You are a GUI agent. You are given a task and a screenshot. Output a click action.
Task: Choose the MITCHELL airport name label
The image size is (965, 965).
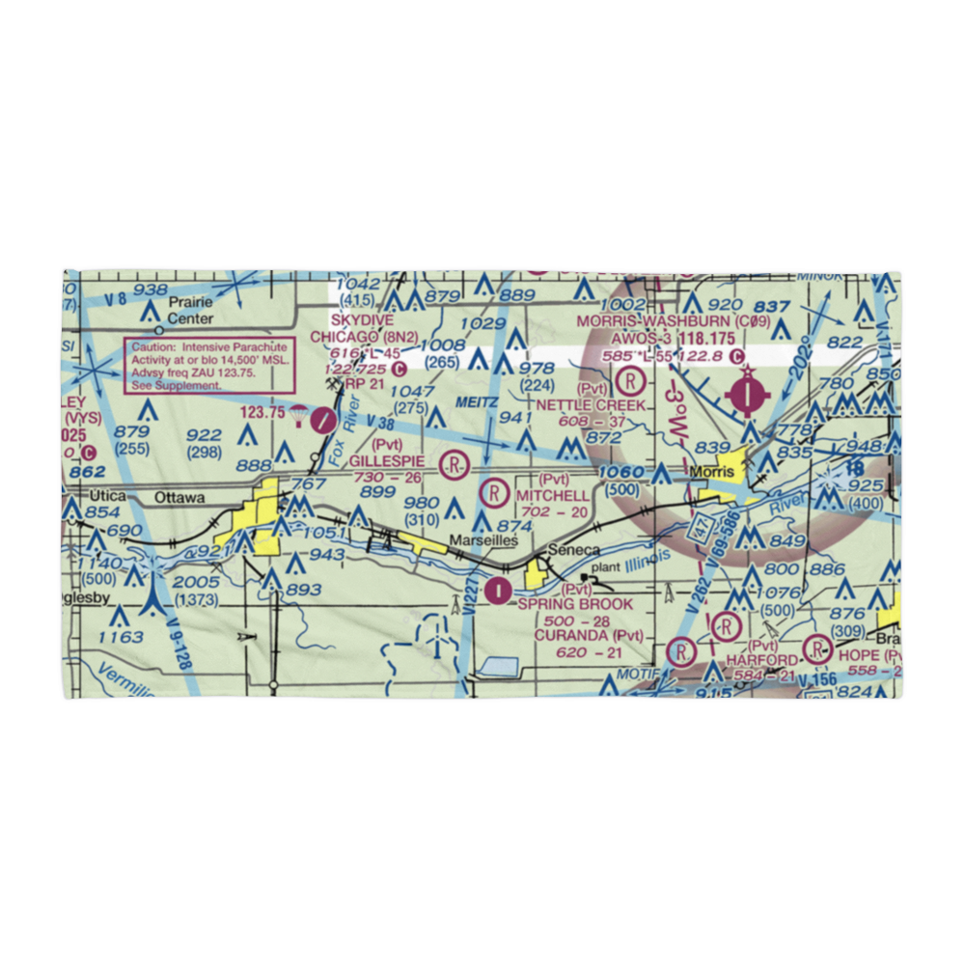(x=553, y=495)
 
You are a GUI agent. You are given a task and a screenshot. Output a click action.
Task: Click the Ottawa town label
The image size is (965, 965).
(x=179, y=498)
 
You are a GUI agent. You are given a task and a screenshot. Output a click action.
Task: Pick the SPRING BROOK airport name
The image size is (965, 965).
(x=575, y=604)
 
